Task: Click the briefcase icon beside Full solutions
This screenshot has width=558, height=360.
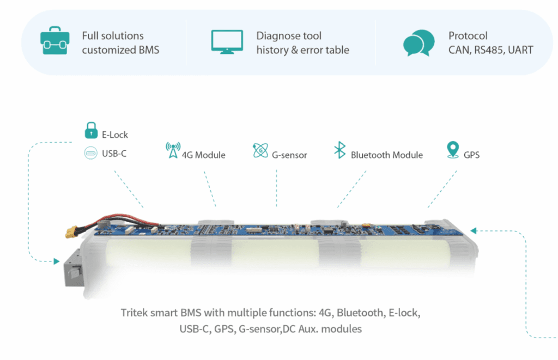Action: coord(54,42)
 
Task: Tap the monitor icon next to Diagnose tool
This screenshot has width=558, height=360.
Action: coord(227,41)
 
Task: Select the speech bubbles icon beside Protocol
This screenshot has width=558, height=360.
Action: coord(418,43)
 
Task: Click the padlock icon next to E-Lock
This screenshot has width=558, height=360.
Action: coord(90,131)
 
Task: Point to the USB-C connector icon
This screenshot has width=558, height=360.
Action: coord(90,154)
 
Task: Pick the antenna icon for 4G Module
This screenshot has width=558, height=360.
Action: coord(173,150)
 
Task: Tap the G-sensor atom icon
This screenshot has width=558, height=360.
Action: coord(260,150)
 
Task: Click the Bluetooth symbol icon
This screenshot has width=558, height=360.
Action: coord(339,150)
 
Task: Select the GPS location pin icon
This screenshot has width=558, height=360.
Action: coord(452,150)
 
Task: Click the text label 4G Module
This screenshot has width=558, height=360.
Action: coord(203,155)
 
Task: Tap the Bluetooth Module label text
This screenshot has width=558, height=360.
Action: coord(386,155)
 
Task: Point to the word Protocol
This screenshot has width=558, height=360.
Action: coord(468,36)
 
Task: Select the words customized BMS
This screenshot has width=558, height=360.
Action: coord(120,50)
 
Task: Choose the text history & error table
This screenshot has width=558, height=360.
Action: coord(302,50)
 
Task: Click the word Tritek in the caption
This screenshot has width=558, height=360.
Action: coord(134,314)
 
